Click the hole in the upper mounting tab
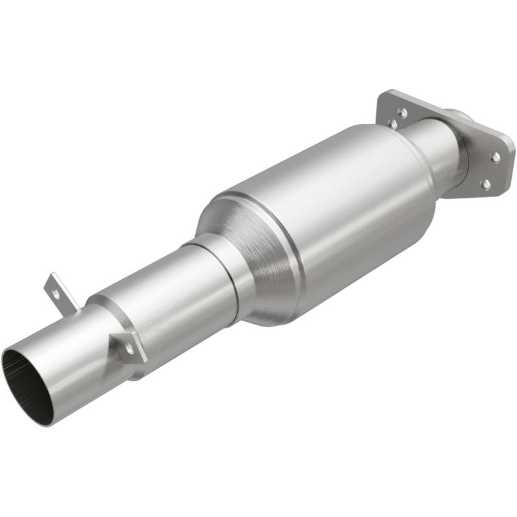(56, 293)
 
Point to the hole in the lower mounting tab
(129, 348)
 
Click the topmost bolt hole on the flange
(402, 112)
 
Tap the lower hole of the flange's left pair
(392, 123)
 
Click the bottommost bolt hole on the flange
(485, 184)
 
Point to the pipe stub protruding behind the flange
(462, 120)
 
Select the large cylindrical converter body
(323, 213)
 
